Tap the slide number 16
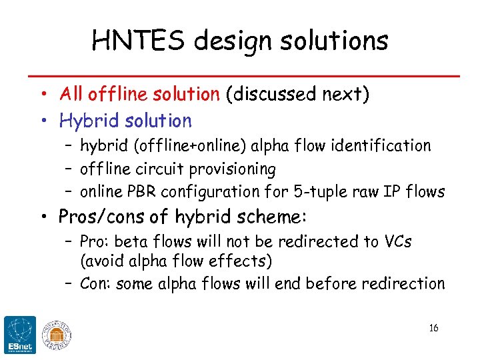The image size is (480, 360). tap(433, 328)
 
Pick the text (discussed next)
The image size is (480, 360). tap(297, 94)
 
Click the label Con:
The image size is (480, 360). tap(96, 283)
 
